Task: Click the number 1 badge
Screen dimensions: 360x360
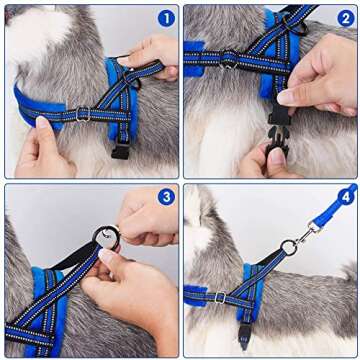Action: coord(165,17)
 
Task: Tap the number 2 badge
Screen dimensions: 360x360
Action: coord(346,17)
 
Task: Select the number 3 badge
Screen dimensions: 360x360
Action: coord(165,197)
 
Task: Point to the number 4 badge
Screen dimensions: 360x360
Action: coord(346,197)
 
